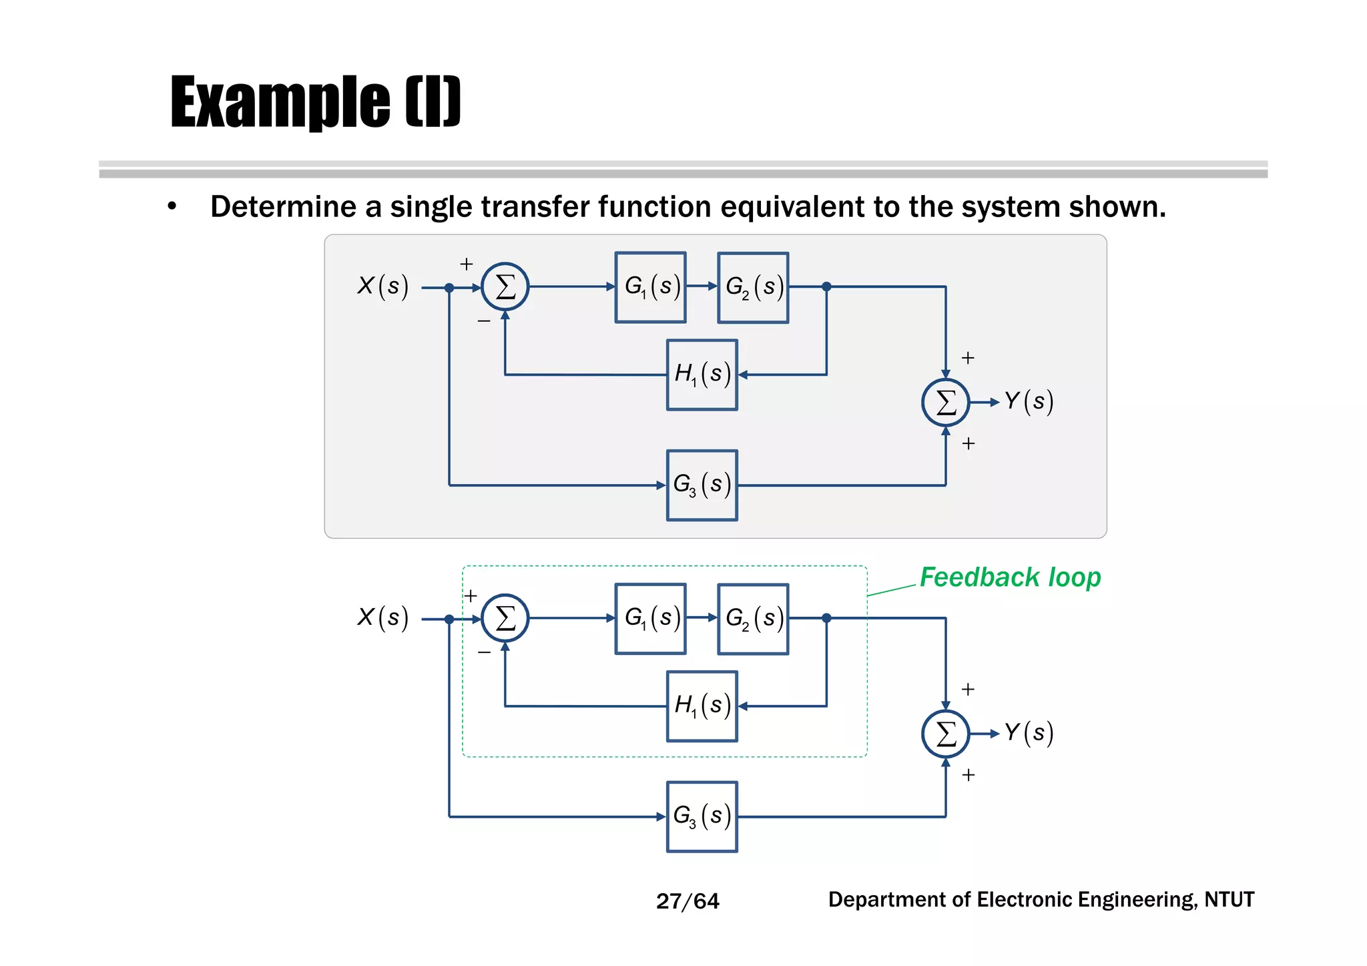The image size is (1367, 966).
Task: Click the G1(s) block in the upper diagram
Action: coord(650,287)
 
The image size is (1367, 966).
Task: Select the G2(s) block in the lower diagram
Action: coord(753,619)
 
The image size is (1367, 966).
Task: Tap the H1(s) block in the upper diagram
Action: coord(702,375)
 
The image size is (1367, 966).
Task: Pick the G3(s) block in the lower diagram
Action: coord(702,816)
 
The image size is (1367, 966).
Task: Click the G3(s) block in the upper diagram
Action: coord(702,485)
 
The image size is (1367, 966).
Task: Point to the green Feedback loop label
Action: coord(1010,577)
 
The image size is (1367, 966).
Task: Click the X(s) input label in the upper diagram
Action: coord(382,286)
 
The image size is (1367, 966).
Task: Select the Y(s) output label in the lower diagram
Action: coord(1029,733)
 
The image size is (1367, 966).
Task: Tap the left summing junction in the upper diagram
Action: coord(505,287)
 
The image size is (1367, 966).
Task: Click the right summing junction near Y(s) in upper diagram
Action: coord(945,403)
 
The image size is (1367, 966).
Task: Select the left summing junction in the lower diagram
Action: coord(505,618)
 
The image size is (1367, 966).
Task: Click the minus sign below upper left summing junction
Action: coord(484,321)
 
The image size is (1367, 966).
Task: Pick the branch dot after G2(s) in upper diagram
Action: coord(826,286)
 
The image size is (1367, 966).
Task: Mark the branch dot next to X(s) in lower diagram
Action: coord(449,620)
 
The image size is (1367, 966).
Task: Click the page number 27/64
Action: coord(688,901)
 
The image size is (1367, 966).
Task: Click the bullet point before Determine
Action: coord(172,207)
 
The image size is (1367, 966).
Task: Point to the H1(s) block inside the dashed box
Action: coord(702,706)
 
